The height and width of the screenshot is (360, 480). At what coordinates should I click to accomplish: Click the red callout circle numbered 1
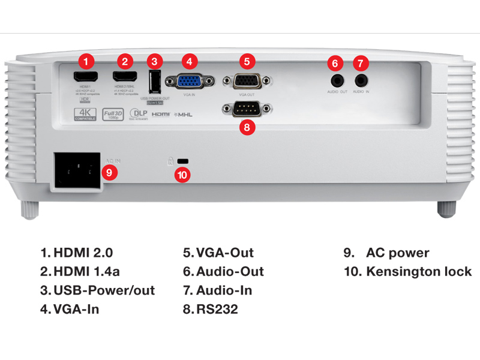pyautogui.click(x=88, y=61)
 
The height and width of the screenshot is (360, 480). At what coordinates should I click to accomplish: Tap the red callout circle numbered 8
pyautogui.click(x=246, y=127)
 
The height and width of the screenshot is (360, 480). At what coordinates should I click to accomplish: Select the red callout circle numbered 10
pyautogui.click(x=182, y=175)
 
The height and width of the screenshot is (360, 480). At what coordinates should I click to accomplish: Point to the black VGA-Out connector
pyautogui.click(x=247, y=80)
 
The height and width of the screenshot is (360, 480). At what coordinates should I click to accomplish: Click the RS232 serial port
pyautogui.click(x=247, y=109)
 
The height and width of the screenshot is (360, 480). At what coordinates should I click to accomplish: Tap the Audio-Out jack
pyautogui.click(x=337, y=79)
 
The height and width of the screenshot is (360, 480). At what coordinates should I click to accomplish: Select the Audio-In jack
pyautogui.click(x=361, y=79)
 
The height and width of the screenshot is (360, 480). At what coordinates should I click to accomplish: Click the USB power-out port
pyautogui.click(x=154, y=80)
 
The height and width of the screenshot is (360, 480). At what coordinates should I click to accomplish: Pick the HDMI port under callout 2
pyautogui.click(x=125, y=77)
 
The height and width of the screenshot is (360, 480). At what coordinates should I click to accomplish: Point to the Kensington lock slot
pyautogui.click(x=184, y=161)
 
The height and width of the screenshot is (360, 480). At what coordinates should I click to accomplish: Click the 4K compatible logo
pyautogui.click(x=85, y=113)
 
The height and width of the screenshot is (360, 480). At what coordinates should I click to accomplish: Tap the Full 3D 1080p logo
pyautogui.click(x=113, y=113)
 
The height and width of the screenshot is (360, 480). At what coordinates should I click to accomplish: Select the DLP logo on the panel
pyautogui.click(x=139, y=113)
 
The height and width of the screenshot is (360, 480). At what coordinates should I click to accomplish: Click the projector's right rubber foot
pyautogui.click(x=446, y=208)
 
